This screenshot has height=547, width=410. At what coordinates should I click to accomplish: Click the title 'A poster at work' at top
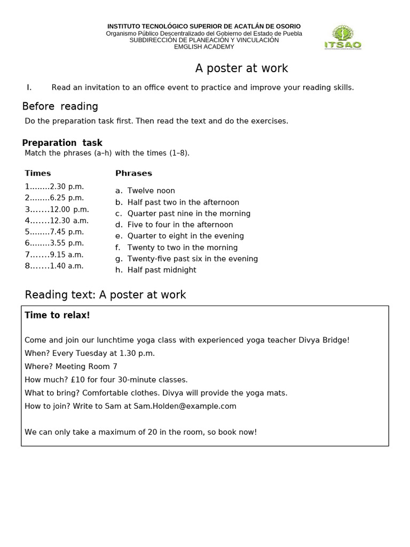click(241, 68)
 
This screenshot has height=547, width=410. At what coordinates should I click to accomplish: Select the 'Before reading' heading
click(60, 106)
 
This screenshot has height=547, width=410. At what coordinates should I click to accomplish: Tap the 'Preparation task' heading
click(62, 143)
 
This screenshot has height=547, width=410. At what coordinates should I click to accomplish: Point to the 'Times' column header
click(38, 173)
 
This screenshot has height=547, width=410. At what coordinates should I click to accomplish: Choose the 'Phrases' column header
click(133, 173)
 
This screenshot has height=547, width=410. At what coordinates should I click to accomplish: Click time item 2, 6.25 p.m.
click(54, 198)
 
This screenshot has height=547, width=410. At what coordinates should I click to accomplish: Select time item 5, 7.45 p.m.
click(54, 232)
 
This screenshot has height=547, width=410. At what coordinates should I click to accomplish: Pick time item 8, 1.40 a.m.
click(54, 265)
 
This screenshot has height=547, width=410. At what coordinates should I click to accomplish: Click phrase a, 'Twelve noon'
click(151, 191)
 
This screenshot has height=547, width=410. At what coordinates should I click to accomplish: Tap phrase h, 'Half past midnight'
click(162, 270)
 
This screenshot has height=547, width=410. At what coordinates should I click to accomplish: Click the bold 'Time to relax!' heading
click(57, 315)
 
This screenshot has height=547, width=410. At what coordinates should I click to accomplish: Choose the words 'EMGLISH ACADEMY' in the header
click(204, 47)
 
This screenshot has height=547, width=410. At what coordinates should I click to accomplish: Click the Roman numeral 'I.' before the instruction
click(29, 87)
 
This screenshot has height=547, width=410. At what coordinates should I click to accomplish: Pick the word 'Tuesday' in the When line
click(95, 353)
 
